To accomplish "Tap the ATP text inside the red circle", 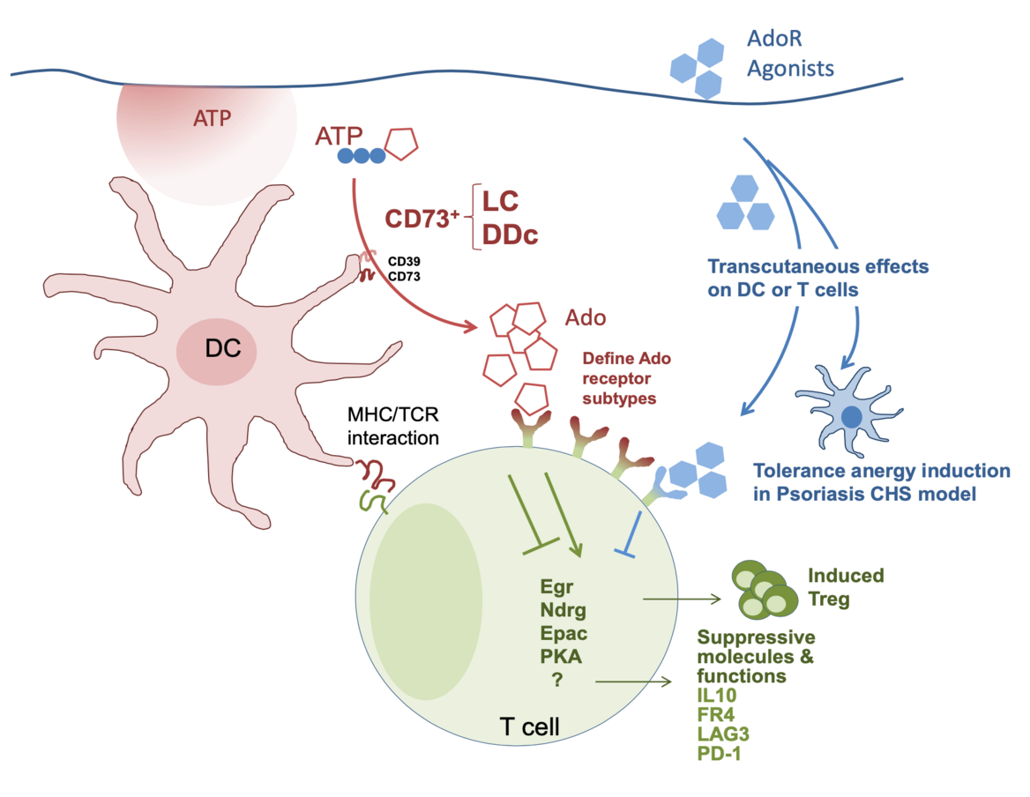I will click(212, 118).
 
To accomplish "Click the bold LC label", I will click(499, 201).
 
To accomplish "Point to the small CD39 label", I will click(404, 262).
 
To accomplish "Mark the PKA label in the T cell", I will click(560, 656).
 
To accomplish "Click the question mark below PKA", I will click(557, 680).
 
